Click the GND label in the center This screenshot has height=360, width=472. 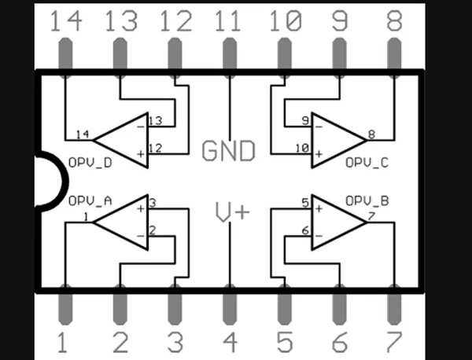(x=229, y=150)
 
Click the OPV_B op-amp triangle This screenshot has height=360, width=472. (x=336, y=222)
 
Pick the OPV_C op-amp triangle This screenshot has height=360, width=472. (x=336, y=138)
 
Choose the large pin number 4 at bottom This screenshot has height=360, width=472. (x=229, y=343)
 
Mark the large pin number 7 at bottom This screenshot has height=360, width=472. (x=393, y=343)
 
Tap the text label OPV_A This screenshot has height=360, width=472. (x=90, y=200)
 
